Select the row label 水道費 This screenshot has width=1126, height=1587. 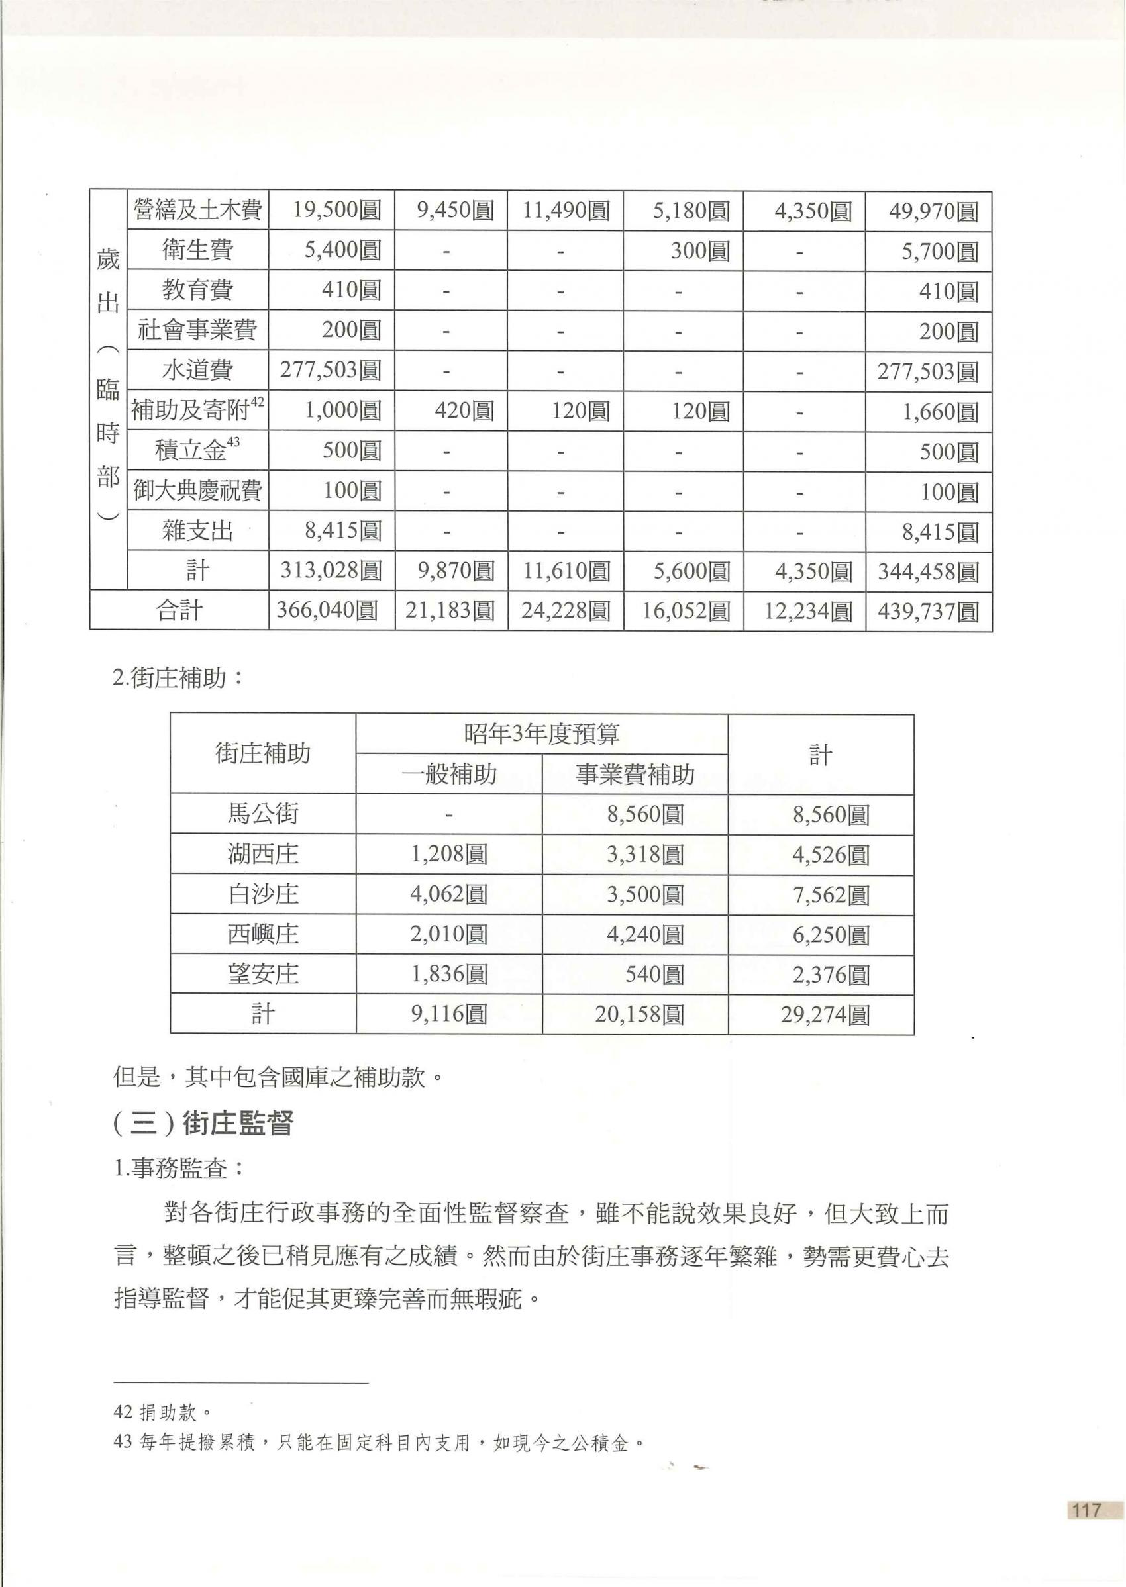pos(197,371)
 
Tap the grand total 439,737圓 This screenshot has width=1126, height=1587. pos(928,611)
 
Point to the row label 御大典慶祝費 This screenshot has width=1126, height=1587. pos(197,491)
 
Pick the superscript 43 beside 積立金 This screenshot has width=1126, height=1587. pos(234,442)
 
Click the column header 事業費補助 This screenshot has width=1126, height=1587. pos(635,774)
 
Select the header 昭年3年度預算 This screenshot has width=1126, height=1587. pos(542,734)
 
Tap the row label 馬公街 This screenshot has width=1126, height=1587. pos(263,814)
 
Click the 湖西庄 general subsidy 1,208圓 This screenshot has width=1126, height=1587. pos(448,854)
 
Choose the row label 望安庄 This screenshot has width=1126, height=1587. pos(263,975)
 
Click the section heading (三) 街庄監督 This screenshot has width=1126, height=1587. pos(203,1124)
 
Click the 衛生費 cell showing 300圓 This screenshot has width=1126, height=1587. pos(699,250)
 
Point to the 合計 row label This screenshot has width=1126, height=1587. pos(179,610)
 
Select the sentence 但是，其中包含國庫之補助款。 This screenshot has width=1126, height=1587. pos(278,1078)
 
